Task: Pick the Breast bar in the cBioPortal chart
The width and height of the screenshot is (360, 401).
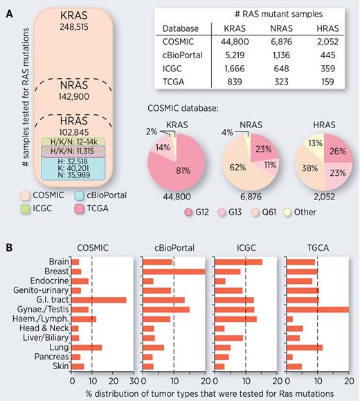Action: tap(173, 271)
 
